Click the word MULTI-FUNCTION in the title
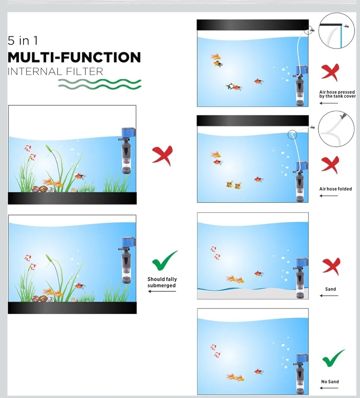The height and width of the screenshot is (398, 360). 74,57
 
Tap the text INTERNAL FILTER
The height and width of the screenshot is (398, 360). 55,72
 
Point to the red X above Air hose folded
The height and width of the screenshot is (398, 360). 330,165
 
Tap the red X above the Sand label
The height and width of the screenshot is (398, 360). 331,267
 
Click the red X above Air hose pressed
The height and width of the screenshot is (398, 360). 330,72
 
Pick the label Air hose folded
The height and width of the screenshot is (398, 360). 335,189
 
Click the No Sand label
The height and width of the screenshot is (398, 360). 330,381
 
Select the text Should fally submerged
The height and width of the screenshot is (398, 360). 162,282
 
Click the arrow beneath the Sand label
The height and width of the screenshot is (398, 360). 329,295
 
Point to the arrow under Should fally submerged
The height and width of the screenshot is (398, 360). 162,291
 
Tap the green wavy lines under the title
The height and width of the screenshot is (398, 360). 99,84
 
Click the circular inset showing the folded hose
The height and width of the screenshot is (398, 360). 336,129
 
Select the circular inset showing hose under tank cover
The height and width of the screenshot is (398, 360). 336,30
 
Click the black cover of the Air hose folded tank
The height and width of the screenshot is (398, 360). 253,120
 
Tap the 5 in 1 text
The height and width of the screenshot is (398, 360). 23,41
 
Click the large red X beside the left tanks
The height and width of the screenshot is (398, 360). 162,156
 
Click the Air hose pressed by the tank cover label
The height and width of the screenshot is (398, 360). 337,94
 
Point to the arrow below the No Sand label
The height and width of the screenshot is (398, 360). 329,388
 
